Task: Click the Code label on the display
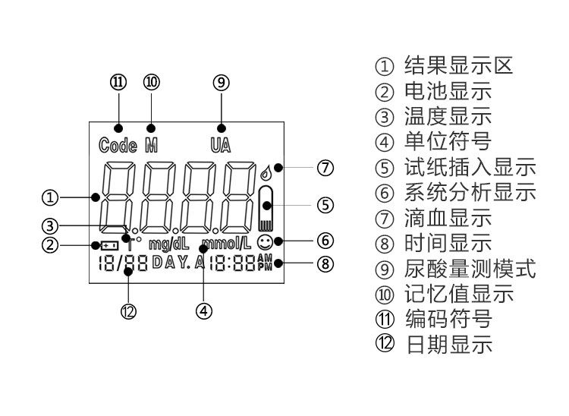pyautogui.click(x=118, y=145)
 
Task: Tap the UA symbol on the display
pyautogui.click(x=221, y=145)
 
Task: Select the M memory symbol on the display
pyautogui.click(x=151, y=145)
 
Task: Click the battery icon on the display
pyautogui.click(x=109, y=246)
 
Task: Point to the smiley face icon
pyautogui.click(x=265, y=242)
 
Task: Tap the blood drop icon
pyautogui.click(x=266, y=173)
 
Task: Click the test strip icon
pyautogui.click(x=266, y=209)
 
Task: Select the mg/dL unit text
pyautogui.click(x=169, y=244)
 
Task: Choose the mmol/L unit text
pyautogui.click(x=226, y=244)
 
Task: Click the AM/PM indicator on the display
pyautogui.click(x=265, y=263)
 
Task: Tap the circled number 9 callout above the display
pyautogui.click(x=221, y=83)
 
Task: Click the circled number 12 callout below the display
pyautogui.click(x=128, y=311)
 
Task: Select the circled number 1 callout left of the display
pyautogui.click(x=50, y=198)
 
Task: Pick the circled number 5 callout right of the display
pyautogui.click(x=325, y=205)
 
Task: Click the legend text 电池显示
pyautogui.click(x=448, y=91)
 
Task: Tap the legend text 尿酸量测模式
pyautogui.click(x=470, y=269)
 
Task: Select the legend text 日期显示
pyautogui.click(x=449, y=345)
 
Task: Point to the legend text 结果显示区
pyautogui.click(x=459, y=66)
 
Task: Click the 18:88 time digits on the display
pyautogui.click(x=232, y=263)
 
